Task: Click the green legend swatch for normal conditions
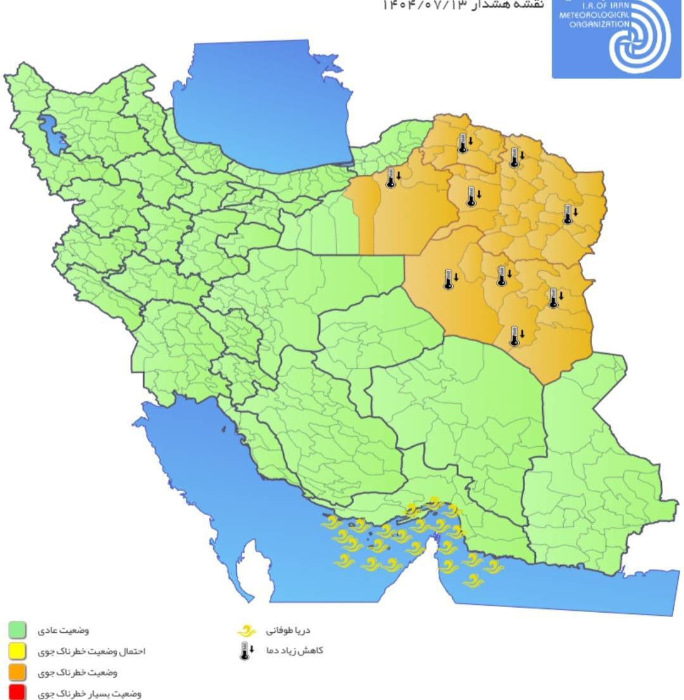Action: click(x=17, y=630)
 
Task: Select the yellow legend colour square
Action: click(x=17, y=651)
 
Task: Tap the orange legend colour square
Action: click(x=17, y=672)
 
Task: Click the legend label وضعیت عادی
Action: click(x=70, y=630)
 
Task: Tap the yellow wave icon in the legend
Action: click(x=246, y=631)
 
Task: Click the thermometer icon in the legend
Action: click(x=246, y=651)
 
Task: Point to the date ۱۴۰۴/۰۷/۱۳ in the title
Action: click(x=424, y=5)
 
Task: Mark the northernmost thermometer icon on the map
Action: click(x=463, y=144)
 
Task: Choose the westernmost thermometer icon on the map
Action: click(x=391, y=178)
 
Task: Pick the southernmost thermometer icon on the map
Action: click(x=515, y=336)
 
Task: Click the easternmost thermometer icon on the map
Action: click(x=568, y=215)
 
